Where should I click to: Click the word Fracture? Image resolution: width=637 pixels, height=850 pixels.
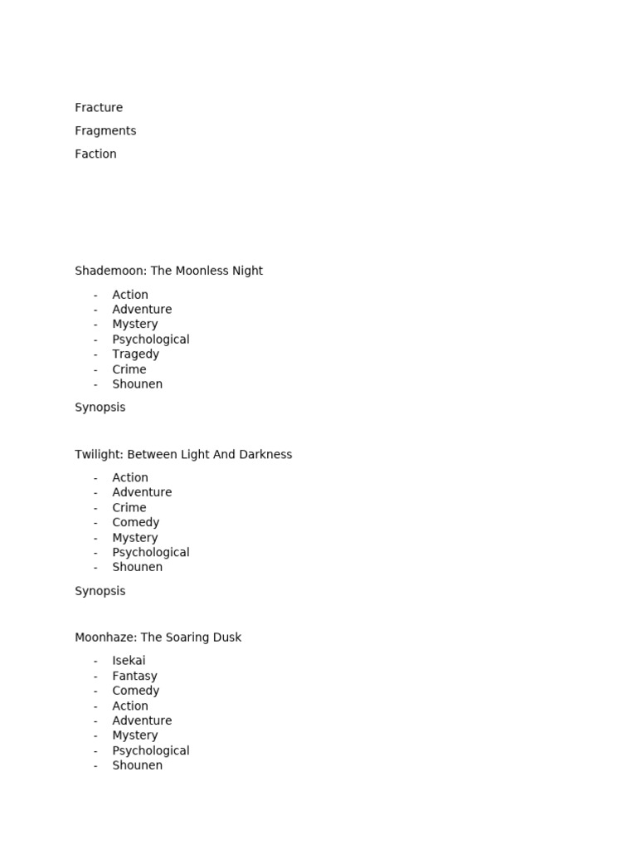pos(99,108)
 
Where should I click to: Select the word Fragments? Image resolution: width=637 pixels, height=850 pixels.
pos(105,131)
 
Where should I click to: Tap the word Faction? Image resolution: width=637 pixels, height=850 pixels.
pos(95,154)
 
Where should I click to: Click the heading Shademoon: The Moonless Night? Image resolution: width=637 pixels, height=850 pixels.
pos(168,271)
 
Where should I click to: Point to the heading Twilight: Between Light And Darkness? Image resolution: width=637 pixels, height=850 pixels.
pos(183,455)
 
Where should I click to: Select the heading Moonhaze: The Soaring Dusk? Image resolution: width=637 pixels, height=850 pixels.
pos(158,637)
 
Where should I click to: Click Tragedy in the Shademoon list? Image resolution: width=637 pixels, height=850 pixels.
pos(135,354)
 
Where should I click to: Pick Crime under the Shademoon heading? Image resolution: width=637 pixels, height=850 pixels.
pos(129,369)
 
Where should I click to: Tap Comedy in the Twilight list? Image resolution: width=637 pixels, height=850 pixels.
pos(135,523)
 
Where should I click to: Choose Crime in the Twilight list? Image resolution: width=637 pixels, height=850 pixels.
pos(129,508)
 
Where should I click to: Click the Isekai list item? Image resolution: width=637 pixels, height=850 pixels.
pos(129,661)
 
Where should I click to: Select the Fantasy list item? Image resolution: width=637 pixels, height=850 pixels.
pos(134,677)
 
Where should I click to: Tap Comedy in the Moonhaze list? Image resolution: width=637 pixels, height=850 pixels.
pos(135,691)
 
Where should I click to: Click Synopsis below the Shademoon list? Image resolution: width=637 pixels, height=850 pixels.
pos(100,408)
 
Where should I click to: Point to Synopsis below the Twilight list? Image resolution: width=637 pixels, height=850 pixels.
pos(100,591)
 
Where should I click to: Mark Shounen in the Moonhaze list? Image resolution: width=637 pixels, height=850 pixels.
pos(137,765)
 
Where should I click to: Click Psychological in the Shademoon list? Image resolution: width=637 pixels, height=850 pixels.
pos(151,340)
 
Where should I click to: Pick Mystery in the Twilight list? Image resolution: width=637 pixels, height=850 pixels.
pos(134,538)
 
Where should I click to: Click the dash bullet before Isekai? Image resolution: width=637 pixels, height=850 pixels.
pos(95,662)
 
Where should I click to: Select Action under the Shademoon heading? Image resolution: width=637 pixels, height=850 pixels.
pos(130,295)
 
